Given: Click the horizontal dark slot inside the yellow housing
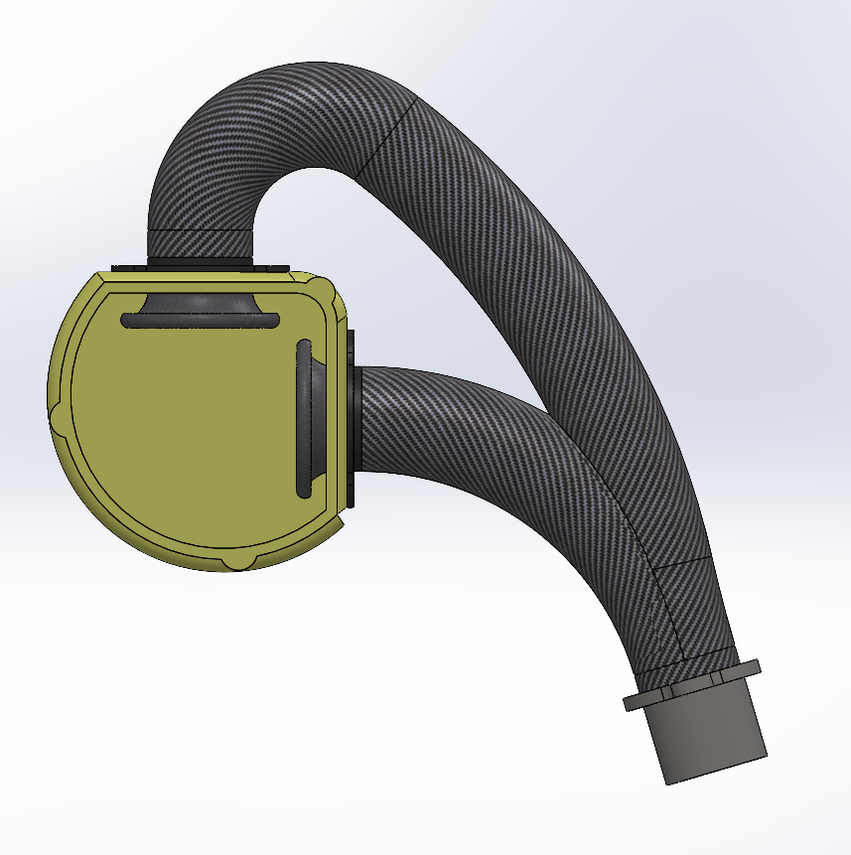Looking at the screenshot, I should point(199,321).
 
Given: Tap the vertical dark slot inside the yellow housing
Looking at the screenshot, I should point(303,417).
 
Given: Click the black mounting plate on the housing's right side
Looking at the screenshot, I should point(351,417).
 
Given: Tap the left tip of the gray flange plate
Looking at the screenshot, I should point(629,704).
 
